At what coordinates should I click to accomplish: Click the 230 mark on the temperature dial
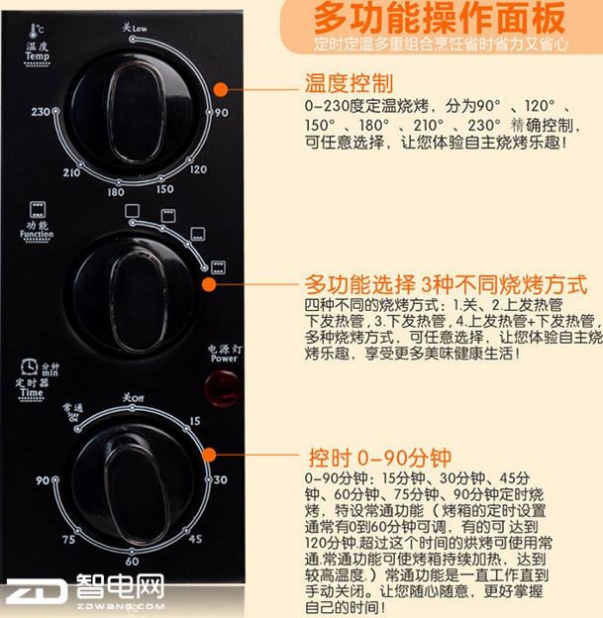coord(41,113)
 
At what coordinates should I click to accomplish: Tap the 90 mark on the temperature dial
coord(223,113)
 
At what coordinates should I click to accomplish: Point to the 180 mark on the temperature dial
coord(116,191)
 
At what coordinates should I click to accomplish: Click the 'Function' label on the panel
coord(37,235)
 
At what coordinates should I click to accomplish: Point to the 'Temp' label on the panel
coord(40,57)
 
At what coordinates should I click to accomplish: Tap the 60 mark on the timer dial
coord(132,562)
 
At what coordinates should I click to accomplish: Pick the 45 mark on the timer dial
coord(196,539)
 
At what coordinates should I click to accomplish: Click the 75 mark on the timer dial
coord(67,539)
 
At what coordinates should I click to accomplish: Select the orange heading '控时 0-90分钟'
coord(380,458)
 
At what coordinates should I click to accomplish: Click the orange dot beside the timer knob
coord(208,454)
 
